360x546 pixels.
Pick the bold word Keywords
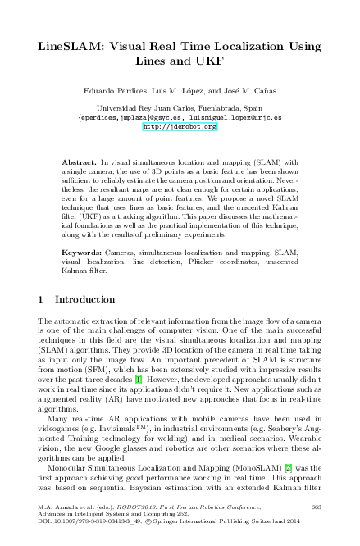pos(81,245)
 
